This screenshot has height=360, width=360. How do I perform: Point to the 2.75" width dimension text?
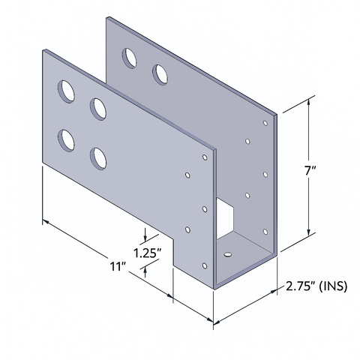[x=301, y=286]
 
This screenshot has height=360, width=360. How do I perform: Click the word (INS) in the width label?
[x=335, y=286]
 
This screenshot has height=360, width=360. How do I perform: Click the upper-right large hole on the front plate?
[x=98, y=108]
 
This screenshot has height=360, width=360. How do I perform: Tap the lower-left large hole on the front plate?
[x=66, y=139]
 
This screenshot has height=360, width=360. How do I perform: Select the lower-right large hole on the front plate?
[x=97, y=157]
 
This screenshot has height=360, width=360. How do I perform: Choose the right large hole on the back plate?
[x=160, y=73]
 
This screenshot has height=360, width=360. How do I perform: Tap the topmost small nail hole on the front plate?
[x=204, y=158]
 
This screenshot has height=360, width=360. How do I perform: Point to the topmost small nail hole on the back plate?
[x=265, y=121]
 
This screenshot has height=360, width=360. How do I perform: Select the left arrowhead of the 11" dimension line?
[x=45, y=223]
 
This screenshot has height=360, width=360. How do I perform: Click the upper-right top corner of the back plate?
[x=277, y=114]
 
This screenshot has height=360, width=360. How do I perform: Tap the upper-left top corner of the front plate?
[x=42, y=51]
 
